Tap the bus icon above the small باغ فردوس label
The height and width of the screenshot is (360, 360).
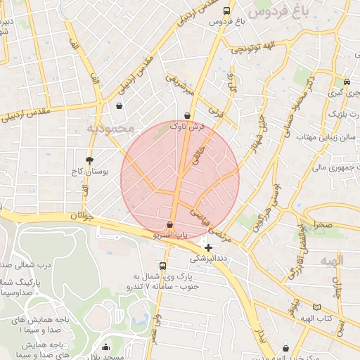(226, 11)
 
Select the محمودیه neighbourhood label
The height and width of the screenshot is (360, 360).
(110, 129)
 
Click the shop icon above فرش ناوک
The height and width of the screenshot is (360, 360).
(187, 116)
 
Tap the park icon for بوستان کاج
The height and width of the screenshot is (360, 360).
(89, 160)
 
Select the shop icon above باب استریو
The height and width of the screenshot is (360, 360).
(170, 225)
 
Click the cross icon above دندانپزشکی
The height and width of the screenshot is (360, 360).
(208, 247)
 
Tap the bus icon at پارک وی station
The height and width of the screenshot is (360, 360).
(163, 266)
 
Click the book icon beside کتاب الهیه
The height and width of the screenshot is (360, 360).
(316, 308)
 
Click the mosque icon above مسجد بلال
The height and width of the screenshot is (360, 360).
(105, 347)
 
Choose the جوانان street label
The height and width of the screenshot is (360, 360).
(82, 217)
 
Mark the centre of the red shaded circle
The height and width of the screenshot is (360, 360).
(180, 180)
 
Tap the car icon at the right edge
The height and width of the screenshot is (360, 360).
(347, 82)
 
